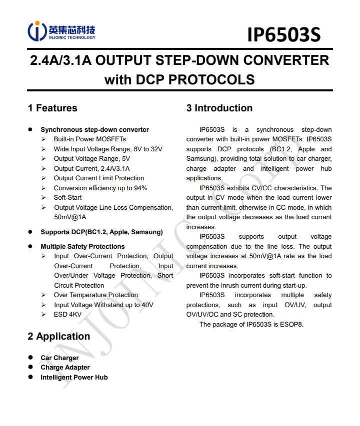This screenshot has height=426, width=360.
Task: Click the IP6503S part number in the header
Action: [x=283, y=35]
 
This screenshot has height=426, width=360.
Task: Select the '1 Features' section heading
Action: [x=52, y=108]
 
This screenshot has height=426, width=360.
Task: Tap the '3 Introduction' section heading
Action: [x=219, y=108]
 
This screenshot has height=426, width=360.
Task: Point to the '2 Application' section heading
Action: [x=59, y=336]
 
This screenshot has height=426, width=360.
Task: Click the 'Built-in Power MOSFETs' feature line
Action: [x=90, y=139]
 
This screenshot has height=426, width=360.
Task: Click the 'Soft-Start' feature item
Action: [x=68, y=197]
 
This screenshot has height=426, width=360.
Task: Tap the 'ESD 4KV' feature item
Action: [x=67, y=314]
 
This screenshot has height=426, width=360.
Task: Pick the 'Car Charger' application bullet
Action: [x=59, y=358]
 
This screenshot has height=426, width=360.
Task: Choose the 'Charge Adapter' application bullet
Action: [x=65, y=367]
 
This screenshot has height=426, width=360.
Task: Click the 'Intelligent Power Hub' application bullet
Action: [x=74, y=377]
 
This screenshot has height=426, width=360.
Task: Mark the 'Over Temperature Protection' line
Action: [x=96, y=295]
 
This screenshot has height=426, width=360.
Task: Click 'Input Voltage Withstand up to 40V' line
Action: [x=103, y=305]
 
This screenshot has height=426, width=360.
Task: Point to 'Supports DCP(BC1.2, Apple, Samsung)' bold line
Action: [x=101, y=232]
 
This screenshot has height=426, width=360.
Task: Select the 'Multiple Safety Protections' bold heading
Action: [x=82, y=246]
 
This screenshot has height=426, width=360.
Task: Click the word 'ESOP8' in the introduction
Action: [x=291, y=324]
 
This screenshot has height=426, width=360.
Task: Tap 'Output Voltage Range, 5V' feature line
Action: [x=92, y=158]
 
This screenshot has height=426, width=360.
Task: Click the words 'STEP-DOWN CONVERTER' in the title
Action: [x=252, y=60]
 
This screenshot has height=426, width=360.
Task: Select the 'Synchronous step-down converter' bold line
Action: [x=94, y=129]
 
